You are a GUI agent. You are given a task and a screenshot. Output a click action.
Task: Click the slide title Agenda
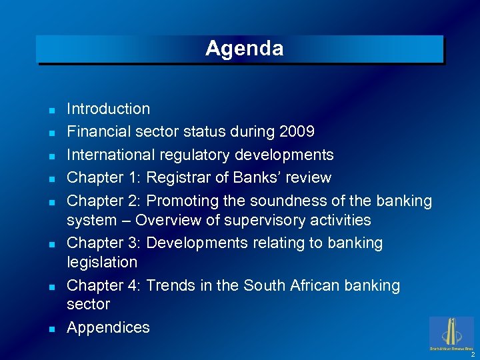pos(244,49)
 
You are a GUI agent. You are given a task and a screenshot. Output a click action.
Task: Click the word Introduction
pos(108,109)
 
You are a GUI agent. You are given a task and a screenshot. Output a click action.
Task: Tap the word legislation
pos(102,262)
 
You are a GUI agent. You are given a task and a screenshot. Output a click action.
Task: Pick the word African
pos(317,285)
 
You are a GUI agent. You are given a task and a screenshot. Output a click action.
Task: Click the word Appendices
pos(108,327)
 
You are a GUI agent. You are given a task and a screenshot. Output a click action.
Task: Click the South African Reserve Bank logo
pos(452,332)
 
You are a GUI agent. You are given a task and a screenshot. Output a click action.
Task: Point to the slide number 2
pos(473,354)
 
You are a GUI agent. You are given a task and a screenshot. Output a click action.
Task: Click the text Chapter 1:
pos(103,178)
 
